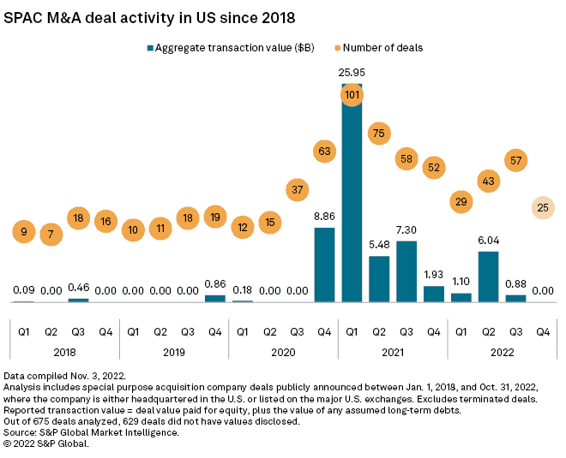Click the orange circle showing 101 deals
tap(352, 94)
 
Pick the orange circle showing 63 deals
tap(325, 152)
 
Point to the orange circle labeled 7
tap(51, 234)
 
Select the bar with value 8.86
tap(325, 265)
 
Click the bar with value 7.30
tap(406, 271)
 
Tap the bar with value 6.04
tap(489, 277)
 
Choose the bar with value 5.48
tap(379, 279)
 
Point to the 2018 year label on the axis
tap(64, 350)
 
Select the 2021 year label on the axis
tap(393, 350)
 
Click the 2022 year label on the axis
tap(503, 350)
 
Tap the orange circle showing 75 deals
tap(379, 133)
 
